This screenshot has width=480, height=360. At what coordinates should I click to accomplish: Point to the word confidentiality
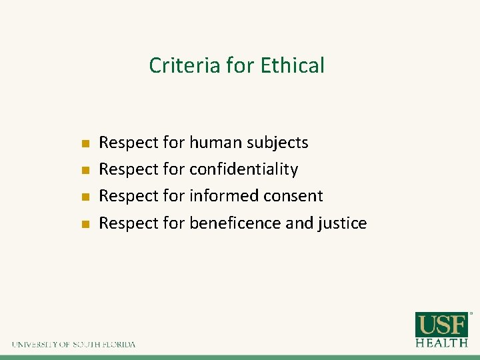[x=243, y=169]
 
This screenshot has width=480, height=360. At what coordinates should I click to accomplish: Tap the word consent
[x=295, y=196]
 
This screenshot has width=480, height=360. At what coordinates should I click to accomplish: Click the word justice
[x=343, y=223]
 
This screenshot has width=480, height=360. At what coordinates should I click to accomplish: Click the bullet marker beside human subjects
[x=85, y=143]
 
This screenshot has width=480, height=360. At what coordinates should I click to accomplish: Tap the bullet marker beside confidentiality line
[x=85, y=170]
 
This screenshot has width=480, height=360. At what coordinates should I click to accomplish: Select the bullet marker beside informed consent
[x=85, y=197]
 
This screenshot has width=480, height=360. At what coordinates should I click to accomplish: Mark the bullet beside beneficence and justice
[x=85, y=223]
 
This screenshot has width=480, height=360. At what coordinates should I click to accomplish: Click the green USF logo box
[x=441, y=325]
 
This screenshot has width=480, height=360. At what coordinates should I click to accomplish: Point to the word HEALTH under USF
[x=441, y=343]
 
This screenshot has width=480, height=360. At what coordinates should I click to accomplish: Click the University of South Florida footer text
[x=73, y=345]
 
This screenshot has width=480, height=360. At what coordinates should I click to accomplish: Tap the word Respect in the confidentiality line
[x=129, y=169]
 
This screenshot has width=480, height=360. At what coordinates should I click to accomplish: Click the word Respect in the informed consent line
[x=129, y=196]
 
